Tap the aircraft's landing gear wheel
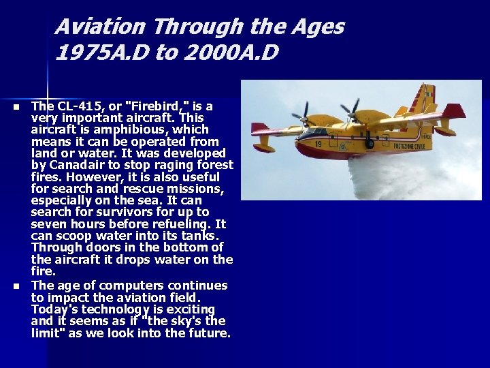click(370, 144)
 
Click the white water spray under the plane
click(395, 177)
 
